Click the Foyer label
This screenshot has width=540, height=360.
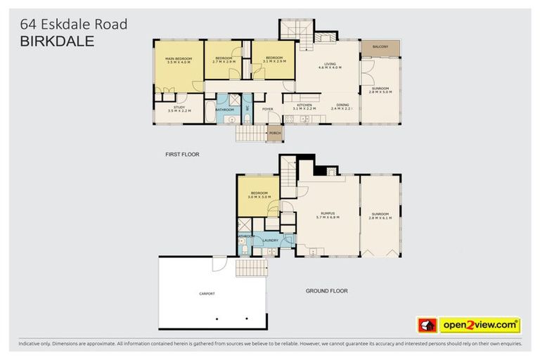coord(267,109)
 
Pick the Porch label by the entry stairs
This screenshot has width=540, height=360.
coord(275,133)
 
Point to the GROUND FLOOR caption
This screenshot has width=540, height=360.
coord(326,290)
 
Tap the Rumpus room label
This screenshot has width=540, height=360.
coord(327,214)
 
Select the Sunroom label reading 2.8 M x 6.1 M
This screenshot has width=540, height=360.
coord(380,214)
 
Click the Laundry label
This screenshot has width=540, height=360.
coord(271,240)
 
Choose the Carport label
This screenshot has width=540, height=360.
coord(207,293)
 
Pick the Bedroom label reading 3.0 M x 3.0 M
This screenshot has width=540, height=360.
coord(259,194)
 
